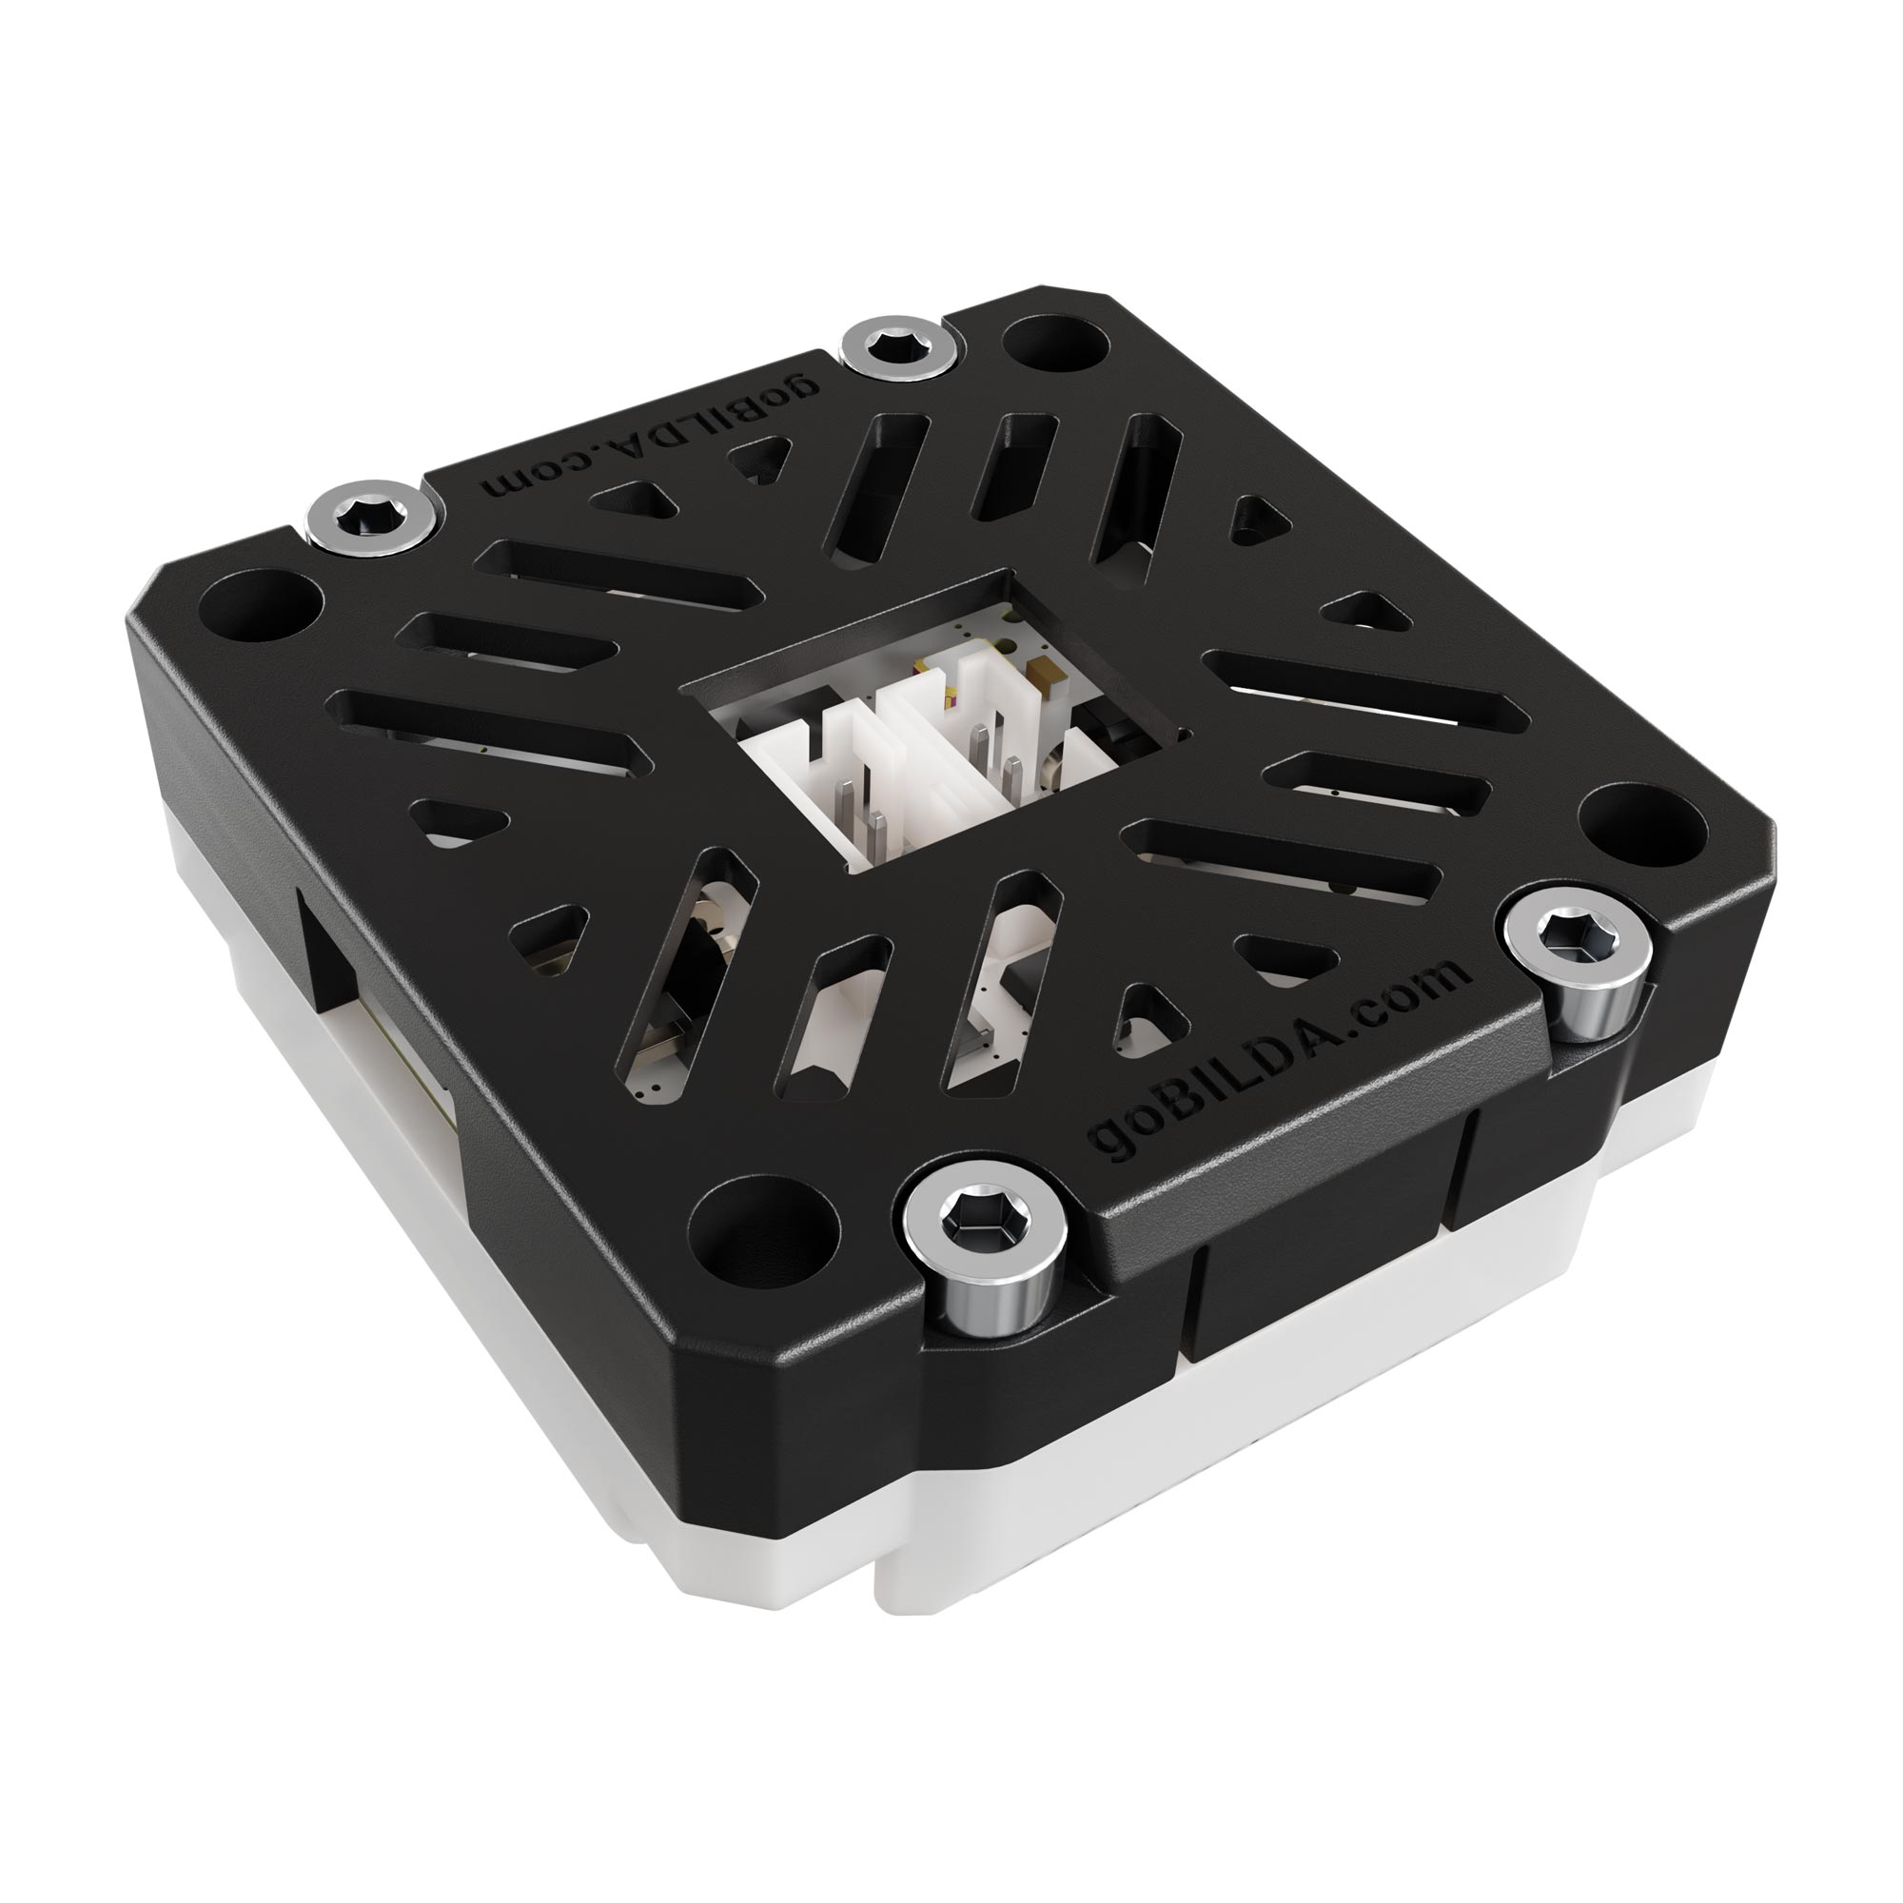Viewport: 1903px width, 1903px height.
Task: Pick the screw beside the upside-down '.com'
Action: pos(369,511)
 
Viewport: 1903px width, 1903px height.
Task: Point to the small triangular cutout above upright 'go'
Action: pos(1143,1014)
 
